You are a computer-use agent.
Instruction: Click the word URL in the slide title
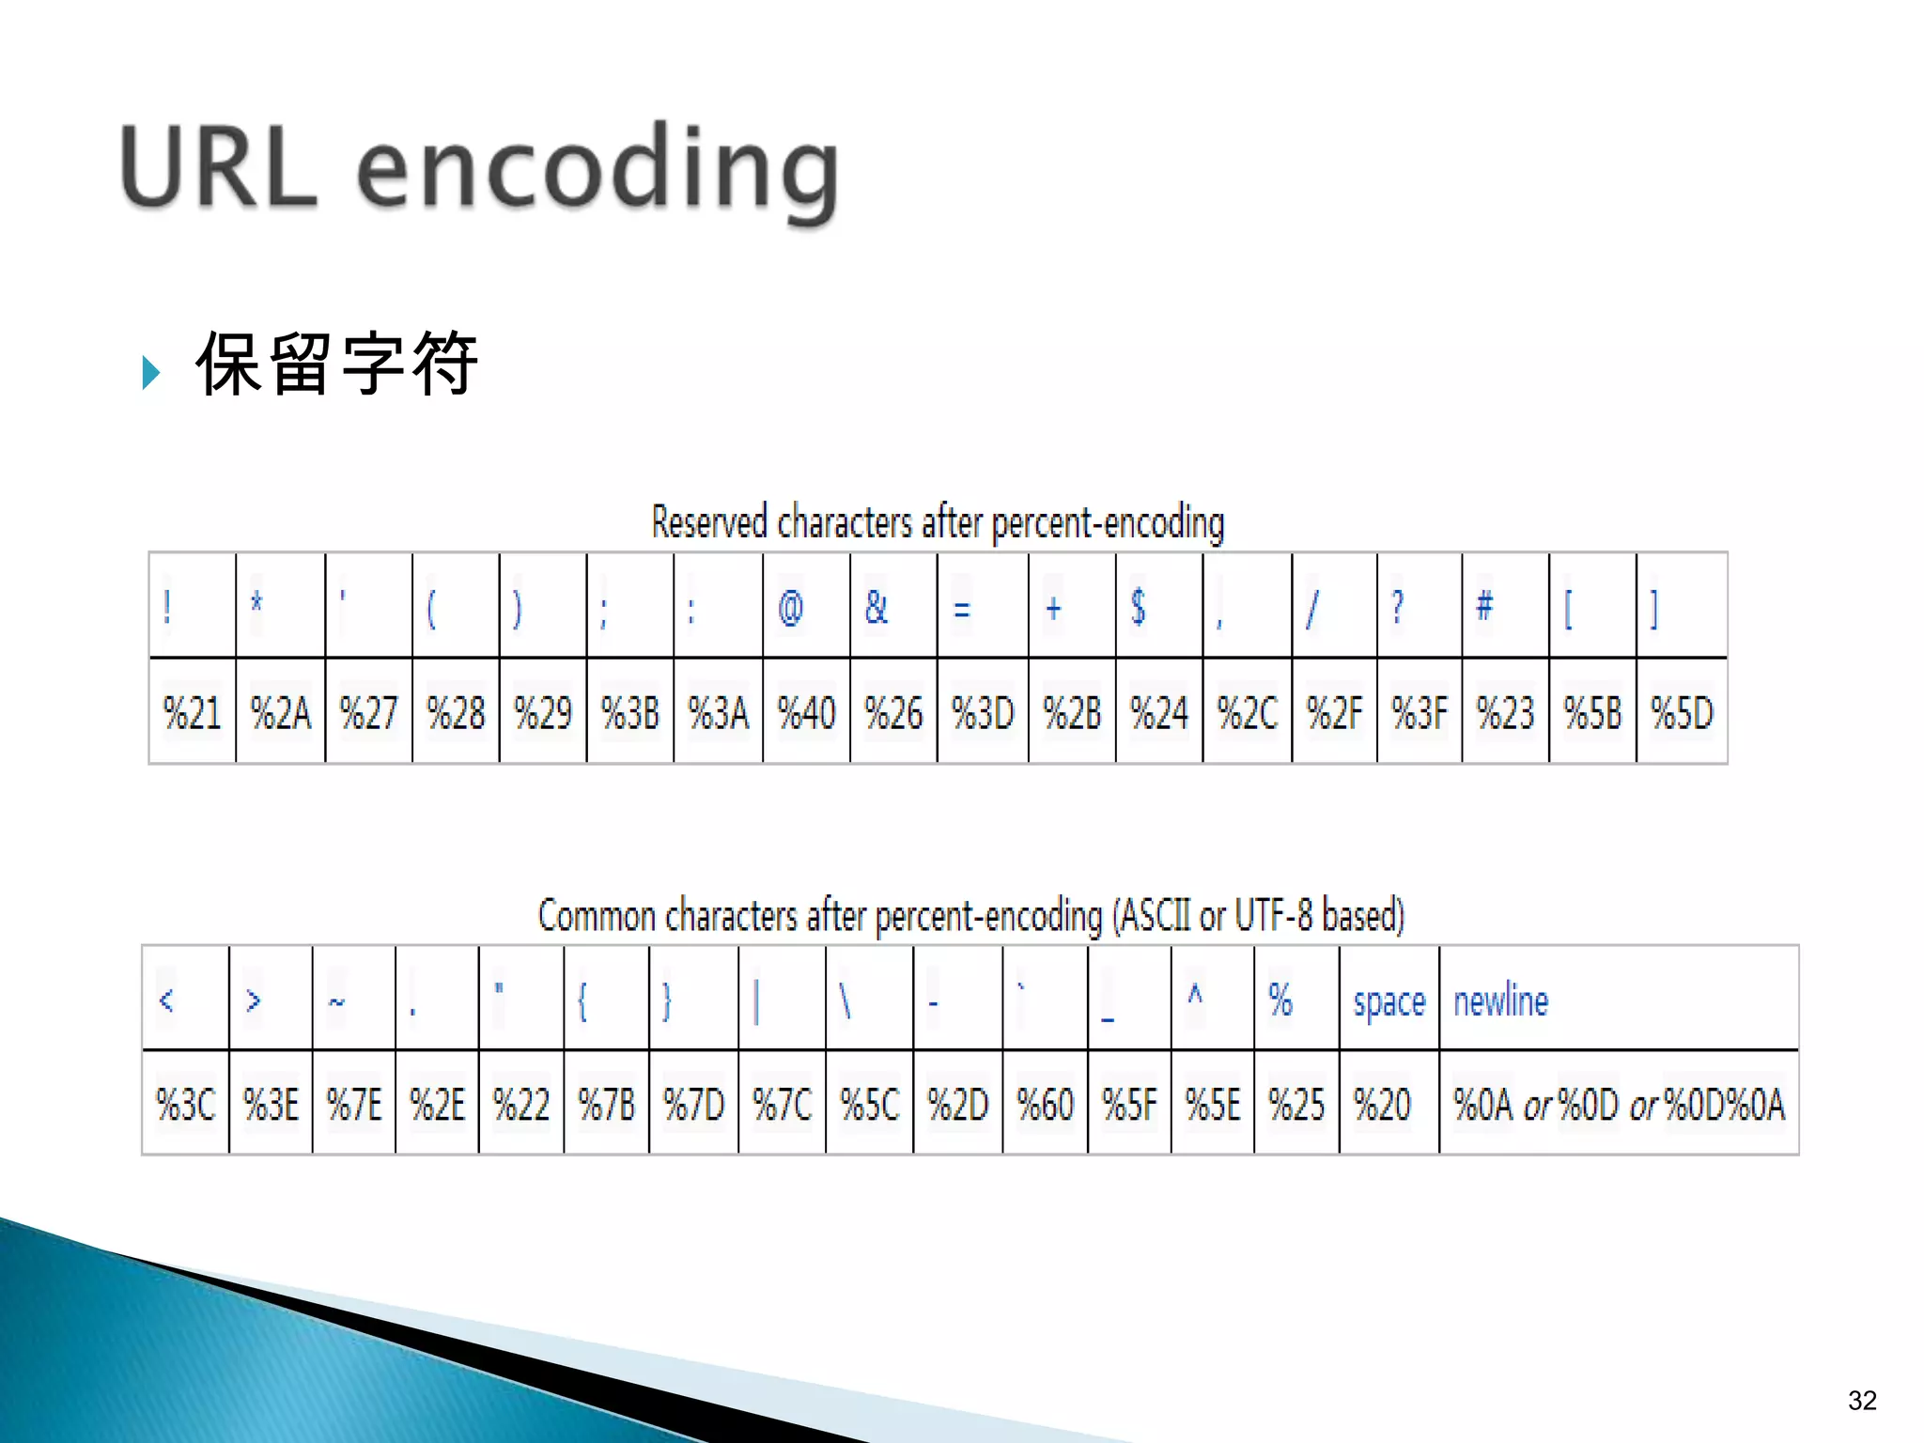(x=219, y=167)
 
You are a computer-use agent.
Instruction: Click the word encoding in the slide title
(x=597, y=171)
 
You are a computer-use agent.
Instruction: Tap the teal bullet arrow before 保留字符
(x=151, y=373)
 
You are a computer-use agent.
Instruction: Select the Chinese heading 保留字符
(x=336, y=365)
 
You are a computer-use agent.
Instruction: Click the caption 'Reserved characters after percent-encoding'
(x=938, y=522)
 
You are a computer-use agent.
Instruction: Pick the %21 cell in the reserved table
(x=192, y=712)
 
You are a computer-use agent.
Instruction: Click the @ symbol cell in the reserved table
(x=791, y=608)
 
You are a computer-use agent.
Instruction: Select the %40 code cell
(x=806, y=712)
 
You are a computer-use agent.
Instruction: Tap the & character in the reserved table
(x=876, y=608)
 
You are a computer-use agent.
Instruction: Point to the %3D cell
(x=983, y=712)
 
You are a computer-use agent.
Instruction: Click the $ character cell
(x=1138, y=607)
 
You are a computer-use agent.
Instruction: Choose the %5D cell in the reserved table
(x=1682, y=712)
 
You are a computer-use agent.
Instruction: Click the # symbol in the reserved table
(x=1484, y=606)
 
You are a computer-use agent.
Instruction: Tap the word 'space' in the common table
(x=1389, y=1001)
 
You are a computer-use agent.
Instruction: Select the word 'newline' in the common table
(x=1500, y=1001)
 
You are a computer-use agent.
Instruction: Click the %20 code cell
(x=1382, y=1104)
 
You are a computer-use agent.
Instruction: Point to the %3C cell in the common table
(x=186, y=1104)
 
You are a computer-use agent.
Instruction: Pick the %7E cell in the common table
(x=354, y=1104)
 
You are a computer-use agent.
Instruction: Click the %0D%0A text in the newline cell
(x=1724, y=1104)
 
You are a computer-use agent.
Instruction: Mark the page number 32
(x=1862, y=1401)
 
